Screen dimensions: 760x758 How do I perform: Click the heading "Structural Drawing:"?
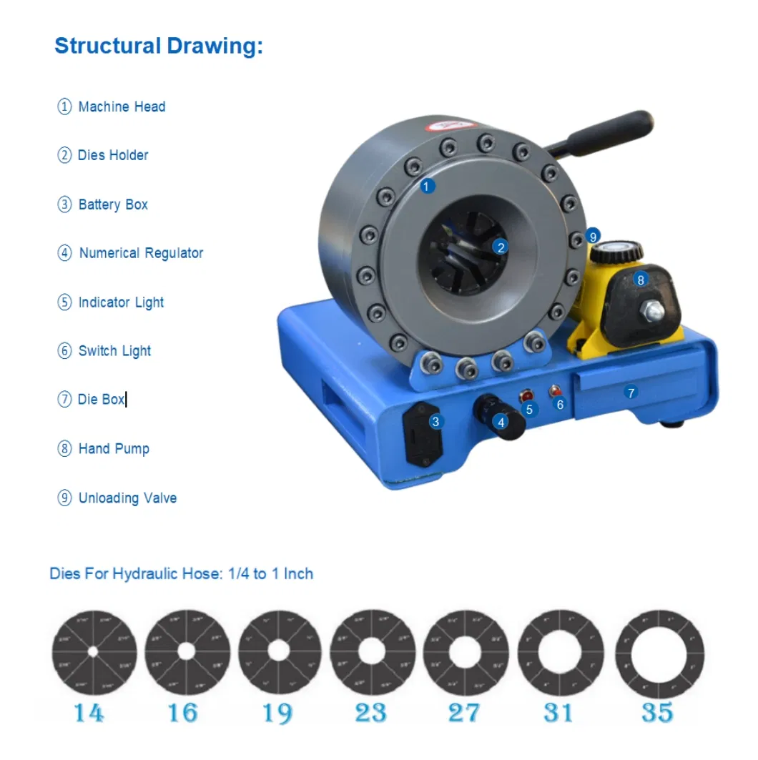[159, 46]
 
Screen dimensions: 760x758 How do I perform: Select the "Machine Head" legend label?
[122, 107]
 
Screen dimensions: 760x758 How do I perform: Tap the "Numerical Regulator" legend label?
[141, 253]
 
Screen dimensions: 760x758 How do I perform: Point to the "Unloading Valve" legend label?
[127, 498]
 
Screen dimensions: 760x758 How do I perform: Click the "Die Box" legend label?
[101, 400]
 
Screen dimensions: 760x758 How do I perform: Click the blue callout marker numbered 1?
[427, 187]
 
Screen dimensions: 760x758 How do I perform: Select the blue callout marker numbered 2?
[501, 247]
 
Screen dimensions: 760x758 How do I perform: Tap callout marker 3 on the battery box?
[435, 422]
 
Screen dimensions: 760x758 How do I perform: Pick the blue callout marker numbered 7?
[631, 393]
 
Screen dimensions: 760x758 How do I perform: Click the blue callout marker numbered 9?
[592, 236]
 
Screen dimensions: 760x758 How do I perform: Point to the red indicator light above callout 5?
[527, 395]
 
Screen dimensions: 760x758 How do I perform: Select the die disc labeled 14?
[94, 653]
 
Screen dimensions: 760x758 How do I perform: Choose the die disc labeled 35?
[659, 653]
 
